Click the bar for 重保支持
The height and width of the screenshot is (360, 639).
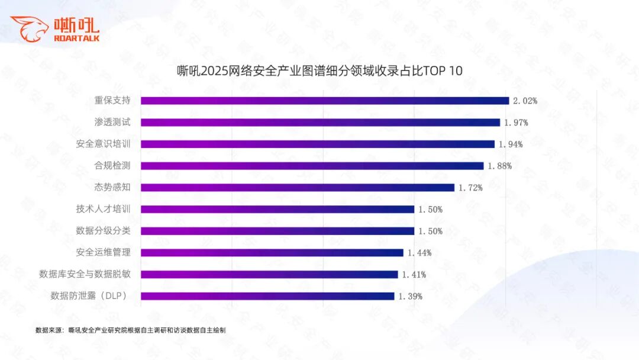325,101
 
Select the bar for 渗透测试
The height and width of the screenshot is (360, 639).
320,123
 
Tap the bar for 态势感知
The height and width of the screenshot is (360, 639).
298,187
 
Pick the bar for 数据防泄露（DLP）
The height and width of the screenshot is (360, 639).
267,296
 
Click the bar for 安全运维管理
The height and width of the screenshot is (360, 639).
272,253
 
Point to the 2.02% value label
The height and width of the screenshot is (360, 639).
525,101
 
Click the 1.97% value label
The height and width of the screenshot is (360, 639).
516,123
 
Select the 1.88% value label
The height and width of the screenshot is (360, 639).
499,166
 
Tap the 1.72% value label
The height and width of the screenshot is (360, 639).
470,188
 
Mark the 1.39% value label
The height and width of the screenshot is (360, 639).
410,296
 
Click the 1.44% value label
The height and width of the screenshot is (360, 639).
419,253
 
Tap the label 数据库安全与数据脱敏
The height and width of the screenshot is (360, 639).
85,274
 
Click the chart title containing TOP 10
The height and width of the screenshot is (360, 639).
319,71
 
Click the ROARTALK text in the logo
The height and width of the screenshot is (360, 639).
76,38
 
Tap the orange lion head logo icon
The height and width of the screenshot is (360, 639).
29,28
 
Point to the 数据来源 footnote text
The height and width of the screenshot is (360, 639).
131,330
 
